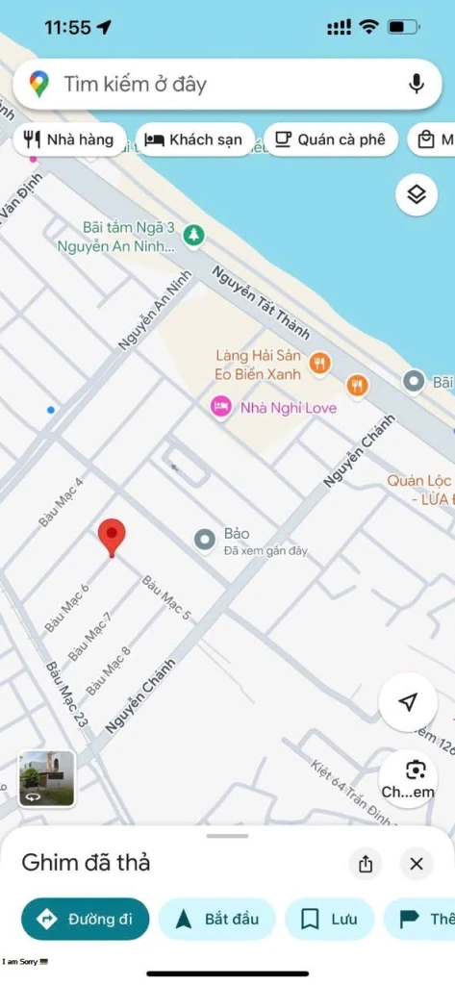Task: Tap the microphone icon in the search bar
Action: [417, 84]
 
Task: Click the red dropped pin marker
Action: [113, 537]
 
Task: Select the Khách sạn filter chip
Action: [194, 139]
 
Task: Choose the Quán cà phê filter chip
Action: [330, 139]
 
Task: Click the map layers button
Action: [416, 194]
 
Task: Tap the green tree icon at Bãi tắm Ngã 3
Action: [194, 234]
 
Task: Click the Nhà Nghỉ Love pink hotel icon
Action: [221, 407]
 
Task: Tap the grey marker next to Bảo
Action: [205, 540]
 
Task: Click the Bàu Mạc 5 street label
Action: [166, 596]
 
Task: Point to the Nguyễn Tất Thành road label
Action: [261, 302]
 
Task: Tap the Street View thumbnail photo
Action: [47, 777]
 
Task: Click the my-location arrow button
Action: [408, 702]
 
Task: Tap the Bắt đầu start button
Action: [217, 919]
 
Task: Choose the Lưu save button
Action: [329, 919]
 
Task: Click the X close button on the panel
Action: [416, 864]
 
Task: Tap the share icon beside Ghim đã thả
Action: [366, 864]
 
